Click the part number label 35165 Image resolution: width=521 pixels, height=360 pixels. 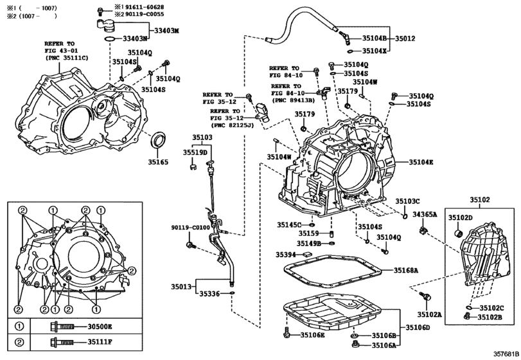click(x=158, y=162)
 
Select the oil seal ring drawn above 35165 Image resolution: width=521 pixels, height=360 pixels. click(x=159, y=140)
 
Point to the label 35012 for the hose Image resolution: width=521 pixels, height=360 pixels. click(x=405, y=39)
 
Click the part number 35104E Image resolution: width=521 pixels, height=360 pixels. click(x=421, y=162)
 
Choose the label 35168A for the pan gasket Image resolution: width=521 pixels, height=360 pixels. click(x=406, y=270)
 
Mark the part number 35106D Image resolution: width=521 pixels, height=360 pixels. click(x=418, y=327)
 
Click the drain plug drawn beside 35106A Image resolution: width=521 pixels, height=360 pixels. click(x=355, y=344)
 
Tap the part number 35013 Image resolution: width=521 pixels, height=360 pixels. click(x=181, y=287)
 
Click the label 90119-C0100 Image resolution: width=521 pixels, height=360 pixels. click(x=191, y=228)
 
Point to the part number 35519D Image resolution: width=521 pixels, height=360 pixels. click(x=195, y=152)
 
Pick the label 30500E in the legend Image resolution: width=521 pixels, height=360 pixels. click(x=100, y=327)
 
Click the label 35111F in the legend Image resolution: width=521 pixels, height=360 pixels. click(x=100, y=342)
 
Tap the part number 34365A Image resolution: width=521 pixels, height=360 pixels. click(x=425, y=215)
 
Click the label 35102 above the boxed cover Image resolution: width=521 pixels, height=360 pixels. click(x=479, y=200)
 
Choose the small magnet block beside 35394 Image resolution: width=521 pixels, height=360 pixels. click(x=306, y=255)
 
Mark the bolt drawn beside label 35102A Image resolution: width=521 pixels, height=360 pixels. click(x=425, y=296)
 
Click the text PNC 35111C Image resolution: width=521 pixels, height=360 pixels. click(x=67, y=58)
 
